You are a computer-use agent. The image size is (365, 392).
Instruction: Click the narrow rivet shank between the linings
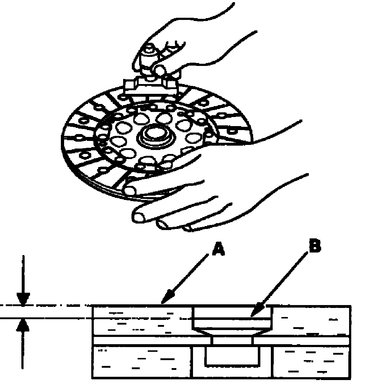click(232, 341)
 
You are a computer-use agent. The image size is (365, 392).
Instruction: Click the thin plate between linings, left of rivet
click(152, 341)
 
